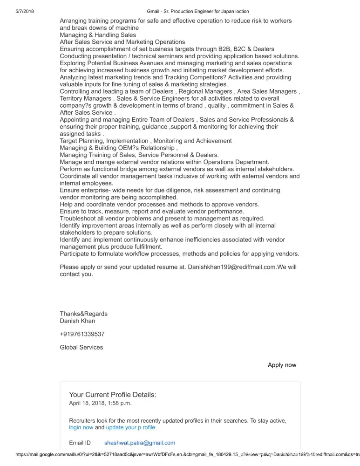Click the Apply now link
(x=282, y=365)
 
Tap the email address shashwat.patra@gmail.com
(x=140, y=443)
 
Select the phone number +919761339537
(x=82, y=334)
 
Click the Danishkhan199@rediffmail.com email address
(x=232, y=267)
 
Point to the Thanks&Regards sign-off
(x=83, y=314)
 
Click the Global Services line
(x=82, y=347)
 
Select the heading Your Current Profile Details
(x=113, y=395)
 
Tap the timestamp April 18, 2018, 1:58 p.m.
(x=100, y=404)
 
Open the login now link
(x=81, y=427)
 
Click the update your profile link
(x=131, y=427)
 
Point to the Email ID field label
(x=80, y=443)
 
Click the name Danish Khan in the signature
(x=77, y=321)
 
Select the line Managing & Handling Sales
(x=98, y=35)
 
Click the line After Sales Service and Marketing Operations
(x=122, y=42)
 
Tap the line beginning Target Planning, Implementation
(x=145, y=141)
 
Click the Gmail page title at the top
(x=197, y=11)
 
